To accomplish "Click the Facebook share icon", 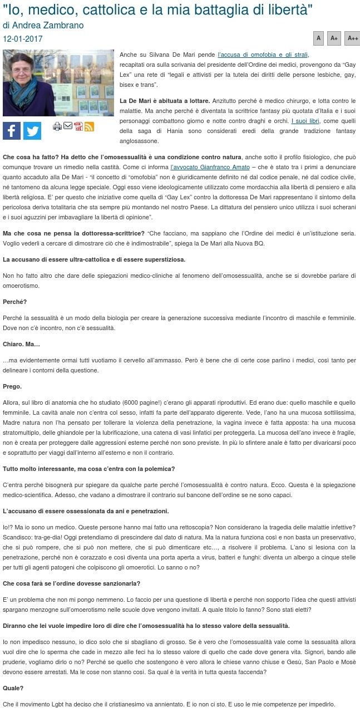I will pyautogui.click(x=12, y=130).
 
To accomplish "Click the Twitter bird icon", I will pyautogui.click(x=32, y=130).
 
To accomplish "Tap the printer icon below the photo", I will pyautogui.click(x=57, y=126).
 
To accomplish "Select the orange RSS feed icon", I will pyautogui.click(x=89, y=126).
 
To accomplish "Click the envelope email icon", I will pyautogui.click(x=68, y=126).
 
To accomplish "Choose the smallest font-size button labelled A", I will pyautogui.click(x=319, y=38).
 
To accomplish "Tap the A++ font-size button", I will pyautogui.click(x=353, y=38).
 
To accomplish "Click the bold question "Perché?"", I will pyautogui.click(x=14, y=302).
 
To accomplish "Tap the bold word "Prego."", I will pyautogui.click(x=12, y=386).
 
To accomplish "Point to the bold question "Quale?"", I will pyautogui.click(x=13, y=688).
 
